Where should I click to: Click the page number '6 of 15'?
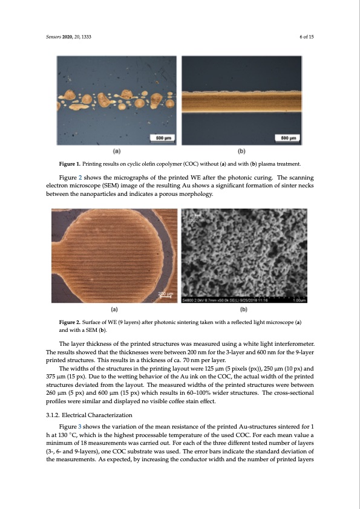[309, 37]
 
